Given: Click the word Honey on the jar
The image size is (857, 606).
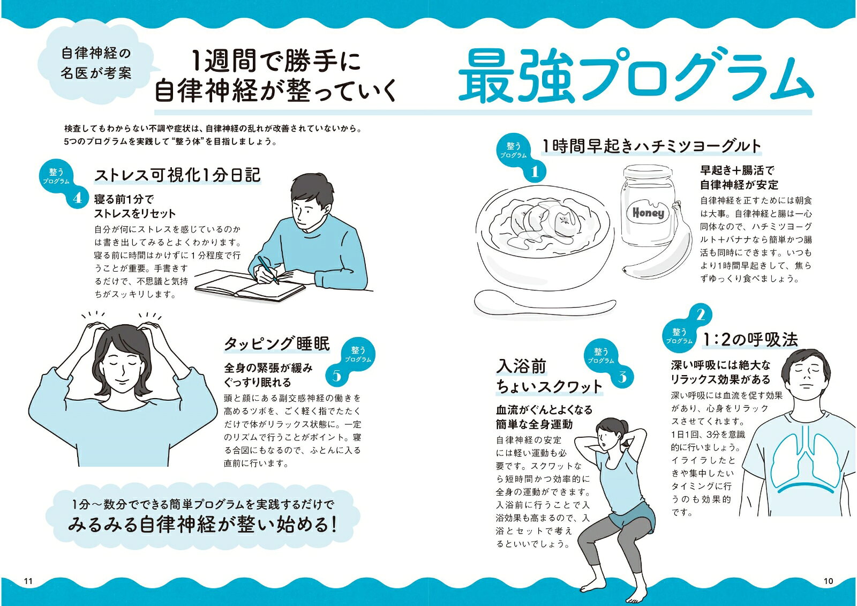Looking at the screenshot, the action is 648,213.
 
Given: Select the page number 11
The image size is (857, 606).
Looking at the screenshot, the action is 28,581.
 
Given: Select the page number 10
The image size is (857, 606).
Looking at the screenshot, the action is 828,581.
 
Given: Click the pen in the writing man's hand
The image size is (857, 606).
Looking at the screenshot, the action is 268,270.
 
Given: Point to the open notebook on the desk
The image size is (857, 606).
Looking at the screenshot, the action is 249,286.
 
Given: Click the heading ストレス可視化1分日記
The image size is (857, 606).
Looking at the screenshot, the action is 177,175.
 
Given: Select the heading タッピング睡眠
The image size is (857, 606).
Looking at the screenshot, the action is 276,343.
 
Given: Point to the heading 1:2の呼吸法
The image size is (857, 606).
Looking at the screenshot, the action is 750,340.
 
